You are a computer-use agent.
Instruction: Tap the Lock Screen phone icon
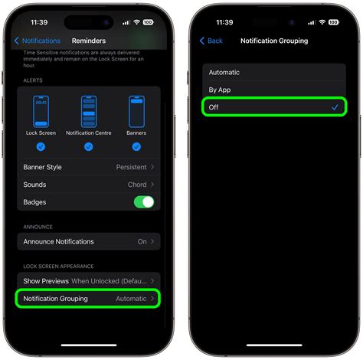pos(41,112)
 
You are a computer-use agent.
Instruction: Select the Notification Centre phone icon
pos(89,112)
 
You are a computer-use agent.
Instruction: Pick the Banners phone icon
pos(136,112)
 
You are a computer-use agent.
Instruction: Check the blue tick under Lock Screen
pos(41,146)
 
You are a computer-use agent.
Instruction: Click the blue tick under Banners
pos(136,146)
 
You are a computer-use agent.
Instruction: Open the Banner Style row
pos(88,167)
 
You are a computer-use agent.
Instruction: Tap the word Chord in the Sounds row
pos(137,185)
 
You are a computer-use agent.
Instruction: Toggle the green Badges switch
pos(143,202)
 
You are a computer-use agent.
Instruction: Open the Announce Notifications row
pos(88,241)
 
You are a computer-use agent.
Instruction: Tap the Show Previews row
pos(88,281)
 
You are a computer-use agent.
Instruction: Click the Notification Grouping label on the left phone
pos(55,299)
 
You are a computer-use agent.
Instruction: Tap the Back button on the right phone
pos(211,41)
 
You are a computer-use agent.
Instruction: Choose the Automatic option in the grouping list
pos(224,73)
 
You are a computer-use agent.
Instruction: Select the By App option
pos(220,90)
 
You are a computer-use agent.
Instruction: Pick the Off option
pos(214,107)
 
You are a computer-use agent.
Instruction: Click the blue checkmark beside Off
pos(335,107)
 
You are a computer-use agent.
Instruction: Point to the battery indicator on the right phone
pos(333,22)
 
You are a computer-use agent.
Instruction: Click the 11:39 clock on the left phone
pos(39,22)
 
